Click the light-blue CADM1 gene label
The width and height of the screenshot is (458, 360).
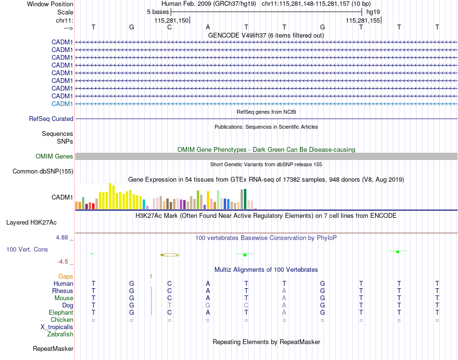[x=62, y=104]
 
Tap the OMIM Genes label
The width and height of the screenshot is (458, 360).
[x=54, y=156]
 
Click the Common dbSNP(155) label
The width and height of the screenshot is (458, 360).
[x=43, y=171]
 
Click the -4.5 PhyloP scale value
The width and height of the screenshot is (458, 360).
[x=63, y=262]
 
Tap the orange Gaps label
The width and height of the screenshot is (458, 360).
[x=66, y=276]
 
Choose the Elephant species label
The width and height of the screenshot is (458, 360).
[x=61, y=312]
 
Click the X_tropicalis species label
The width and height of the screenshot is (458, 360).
[x=57, y=327]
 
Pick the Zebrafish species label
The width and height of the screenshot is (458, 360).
[x=60, y=334]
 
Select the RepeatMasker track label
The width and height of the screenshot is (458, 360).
[x=53, y=348]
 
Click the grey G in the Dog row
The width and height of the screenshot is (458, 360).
[x=208, y=305]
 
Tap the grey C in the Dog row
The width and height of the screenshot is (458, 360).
[x=246, y=305]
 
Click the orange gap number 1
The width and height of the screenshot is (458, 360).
[x=151, y=276]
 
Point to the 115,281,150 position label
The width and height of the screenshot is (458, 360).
[x=172, y=20]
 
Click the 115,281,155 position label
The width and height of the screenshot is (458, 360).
[x=363, y=20]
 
